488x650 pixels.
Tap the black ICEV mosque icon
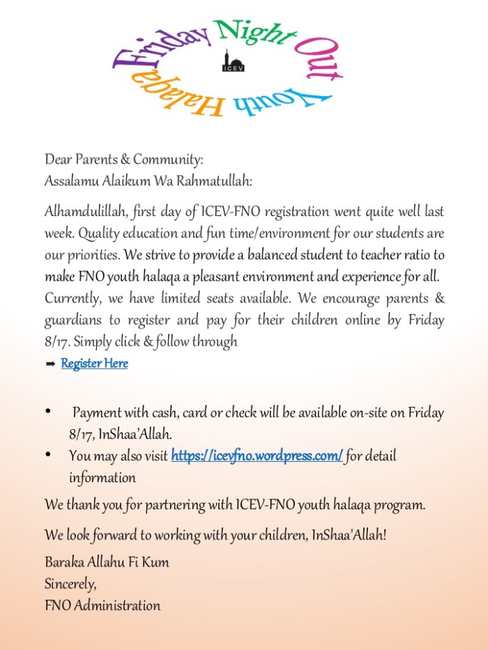click(233, 61)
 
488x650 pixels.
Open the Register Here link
click(94, 364)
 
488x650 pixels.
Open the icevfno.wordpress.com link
click(257, 456)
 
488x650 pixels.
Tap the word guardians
click(74, 320)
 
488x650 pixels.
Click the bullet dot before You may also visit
click(49, 455)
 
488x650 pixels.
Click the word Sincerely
click(70, 583)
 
